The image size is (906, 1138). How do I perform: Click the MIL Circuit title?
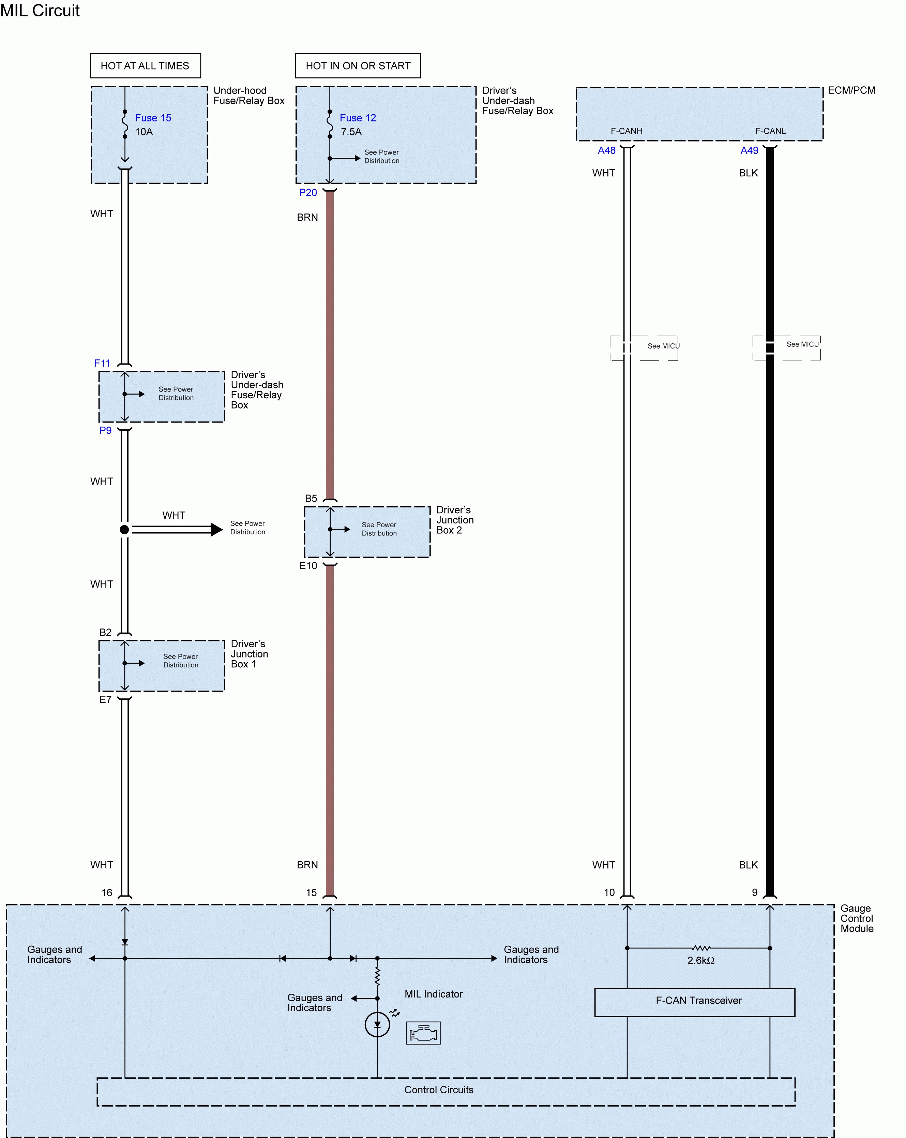[x=40, y=11]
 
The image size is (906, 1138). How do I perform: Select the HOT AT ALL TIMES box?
[x=145, y=65]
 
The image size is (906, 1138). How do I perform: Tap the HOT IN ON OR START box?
[x=358, y=65]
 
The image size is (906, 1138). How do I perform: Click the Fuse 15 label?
[x=153, y=118]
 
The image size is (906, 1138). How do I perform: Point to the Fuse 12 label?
[x=358, y=118]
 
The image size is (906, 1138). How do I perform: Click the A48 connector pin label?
[x=606, y=150]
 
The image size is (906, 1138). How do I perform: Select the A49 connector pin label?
[x=749, y=150]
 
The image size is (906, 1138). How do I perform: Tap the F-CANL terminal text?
[x=770, y=131]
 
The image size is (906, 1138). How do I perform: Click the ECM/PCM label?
[x=851, y=90]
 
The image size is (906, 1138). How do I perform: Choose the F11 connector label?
[x=102, y=363]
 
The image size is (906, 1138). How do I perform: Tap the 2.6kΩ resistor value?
[x=701, y=960]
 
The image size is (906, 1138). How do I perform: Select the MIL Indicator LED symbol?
[x=377, y=1024]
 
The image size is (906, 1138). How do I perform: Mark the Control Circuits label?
[x=439, y=1090]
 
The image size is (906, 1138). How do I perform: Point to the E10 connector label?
[x=308, y=565]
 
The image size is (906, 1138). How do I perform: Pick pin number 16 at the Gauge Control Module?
[x=107, y=892]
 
